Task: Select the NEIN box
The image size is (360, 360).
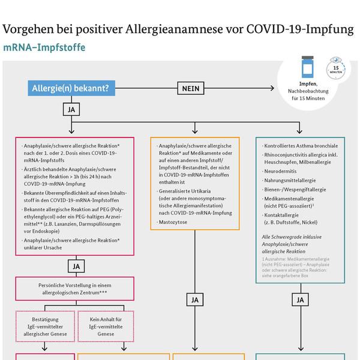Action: [192, 89]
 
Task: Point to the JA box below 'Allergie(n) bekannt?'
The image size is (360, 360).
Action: [70, 110]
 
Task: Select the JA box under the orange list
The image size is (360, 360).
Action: [194, 299]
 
